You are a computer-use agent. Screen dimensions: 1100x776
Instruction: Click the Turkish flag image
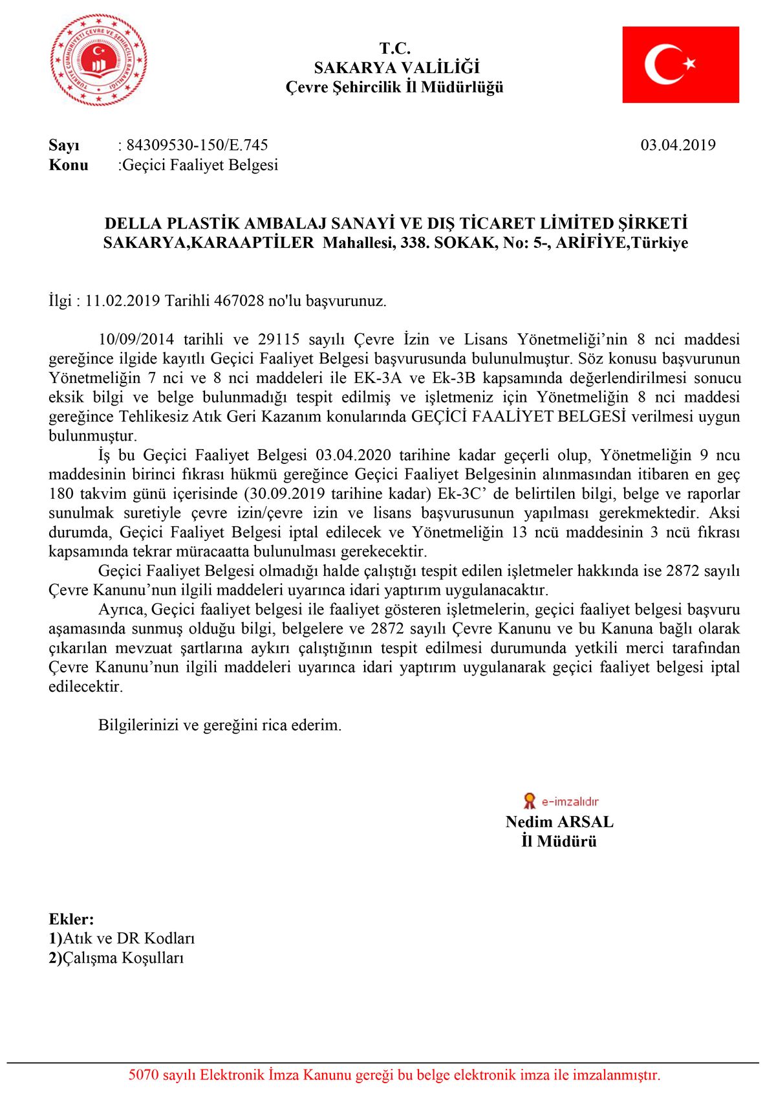pos(680,65)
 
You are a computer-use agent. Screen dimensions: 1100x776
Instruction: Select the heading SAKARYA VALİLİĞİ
pos(396,67)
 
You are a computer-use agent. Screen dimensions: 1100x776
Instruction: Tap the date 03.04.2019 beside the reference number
pos(678,145)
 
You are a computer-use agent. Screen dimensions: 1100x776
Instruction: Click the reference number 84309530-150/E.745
pos(197,145)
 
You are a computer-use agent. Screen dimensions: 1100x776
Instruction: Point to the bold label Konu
pos(68,165)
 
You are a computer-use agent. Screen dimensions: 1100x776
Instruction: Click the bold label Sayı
pos(64,145)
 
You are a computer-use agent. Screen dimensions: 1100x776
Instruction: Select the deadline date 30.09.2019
pos(285,494)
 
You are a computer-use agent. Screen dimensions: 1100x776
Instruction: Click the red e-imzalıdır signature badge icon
pos(530,801)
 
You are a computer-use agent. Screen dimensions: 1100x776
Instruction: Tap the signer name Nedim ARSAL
pos(559,822)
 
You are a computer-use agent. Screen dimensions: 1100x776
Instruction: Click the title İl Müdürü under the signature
pos(559,841)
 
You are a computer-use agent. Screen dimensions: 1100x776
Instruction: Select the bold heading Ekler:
pos(71,919)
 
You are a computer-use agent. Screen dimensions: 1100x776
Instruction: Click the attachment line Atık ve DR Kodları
pos(129,938)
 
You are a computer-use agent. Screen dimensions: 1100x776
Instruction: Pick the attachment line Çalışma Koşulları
pos(123,958)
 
